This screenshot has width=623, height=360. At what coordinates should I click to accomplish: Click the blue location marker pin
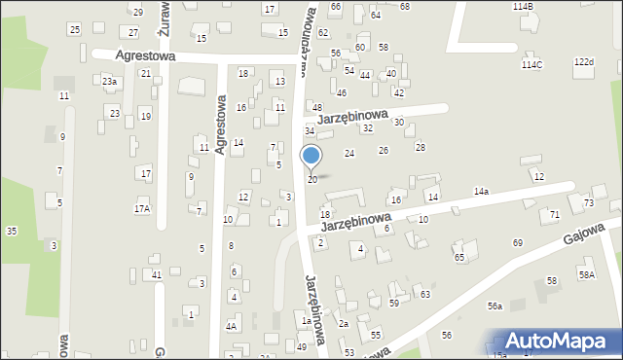(x=311, y=157)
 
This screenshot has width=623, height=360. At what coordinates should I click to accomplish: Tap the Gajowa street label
(x=583, y=234)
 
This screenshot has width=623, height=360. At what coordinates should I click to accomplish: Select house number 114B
(x=523, y=6)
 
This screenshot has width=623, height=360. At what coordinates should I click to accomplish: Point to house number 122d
(x=583, y=62)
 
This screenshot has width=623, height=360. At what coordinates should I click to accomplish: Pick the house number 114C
(x=531, y=64)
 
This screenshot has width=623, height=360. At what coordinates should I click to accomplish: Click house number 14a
(x=481, y=192)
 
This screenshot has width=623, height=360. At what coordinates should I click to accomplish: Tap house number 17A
(x=142, y=208)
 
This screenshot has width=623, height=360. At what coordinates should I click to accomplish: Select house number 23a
(x=110, y=82)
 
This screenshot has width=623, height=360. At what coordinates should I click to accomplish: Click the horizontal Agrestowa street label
(x=145, y=56)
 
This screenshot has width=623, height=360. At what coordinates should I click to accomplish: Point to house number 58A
(x=586, y=274)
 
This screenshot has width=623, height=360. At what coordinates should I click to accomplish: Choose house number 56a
(x=495, y=306)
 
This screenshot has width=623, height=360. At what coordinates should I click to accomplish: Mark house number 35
(x=12, y=231)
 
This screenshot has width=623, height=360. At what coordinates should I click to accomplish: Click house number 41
(x=156, y=275)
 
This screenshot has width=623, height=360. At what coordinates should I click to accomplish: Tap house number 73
(x=588, y=202)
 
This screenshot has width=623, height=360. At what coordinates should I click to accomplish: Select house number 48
(x=316, y=107)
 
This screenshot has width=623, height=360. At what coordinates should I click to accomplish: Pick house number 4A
(x=231, y=327)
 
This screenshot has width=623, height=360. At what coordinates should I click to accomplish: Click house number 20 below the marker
(x=311, y=180)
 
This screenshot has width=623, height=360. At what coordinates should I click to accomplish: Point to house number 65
(x=458, y=257)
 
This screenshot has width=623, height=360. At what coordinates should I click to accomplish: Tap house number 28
(x=421, y=147)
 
